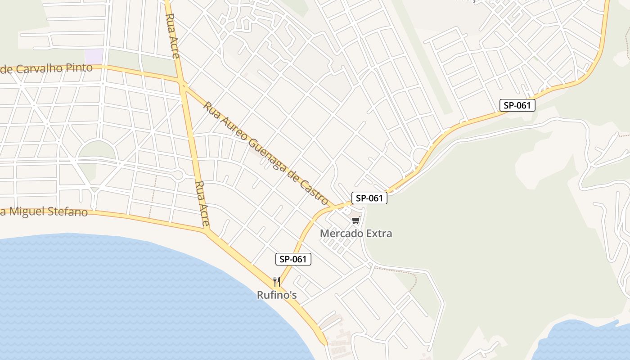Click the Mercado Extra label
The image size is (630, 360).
point(355,234)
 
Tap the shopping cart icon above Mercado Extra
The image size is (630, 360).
point(356,220)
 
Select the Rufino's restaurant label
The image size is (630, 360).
point(277,295)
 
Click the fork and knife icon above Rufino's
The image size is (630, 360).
point(277,282)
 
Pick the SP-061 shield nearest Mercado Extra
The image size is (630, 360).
point(369,198)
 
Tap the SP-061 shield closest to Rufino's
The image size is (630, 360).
point(293,259)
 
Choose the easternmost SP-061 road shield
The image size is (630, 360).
point(517,106)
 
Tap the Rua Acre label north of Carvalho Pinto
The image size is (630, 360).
point(172,36)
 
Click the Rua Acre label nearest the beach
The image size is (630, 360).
point(202,203)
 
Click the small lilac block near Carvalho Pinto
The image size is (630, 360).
point(94,57)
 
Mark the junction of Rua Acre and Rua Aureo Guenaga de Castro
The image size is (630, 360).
point(183,84)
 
